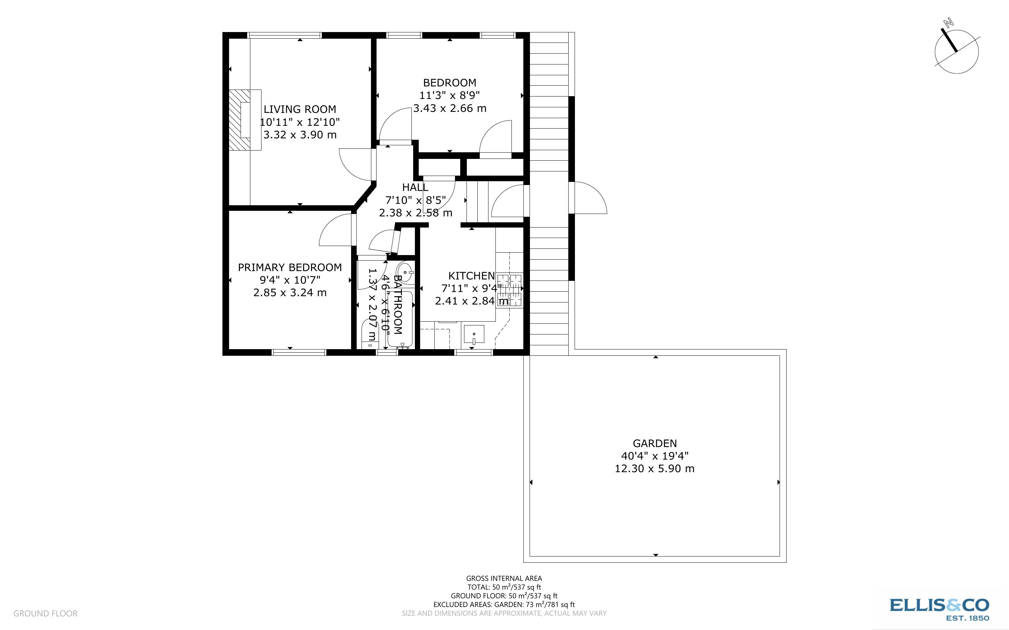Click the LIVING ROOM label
point(299,109)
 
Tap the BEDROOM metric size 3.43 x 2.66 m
point(449,108)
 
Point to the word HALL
point(415,187)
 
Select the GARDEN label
point(654,443)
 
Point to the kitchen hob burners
point(510,290)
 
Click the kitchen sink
point(474,334)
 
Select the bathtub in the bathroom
point(400,319)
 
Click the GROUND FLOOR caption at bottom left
point(45,613)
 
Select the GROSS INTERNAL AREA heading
point(504,578)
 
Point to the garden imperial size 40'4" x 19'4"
point(654,456)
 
